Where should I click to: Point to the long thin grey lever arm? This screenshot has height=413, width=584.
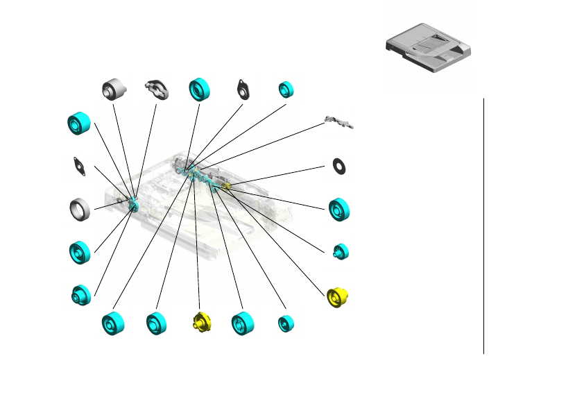pyautogui.click(x=340, y=124)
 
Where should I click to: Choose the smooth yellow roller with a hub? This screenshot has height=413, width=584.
pyautogui.click(x=338, y=296)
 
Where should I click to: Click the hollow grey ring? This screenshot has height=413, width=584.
pyautogui.click(x=80, y=208)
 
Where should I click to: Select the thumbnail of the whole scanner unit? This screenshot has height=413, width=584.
pyautogui.click(x=428, y=47)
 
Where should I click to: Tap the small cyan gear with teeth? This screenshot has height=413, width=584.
pyautogui.click(x=341, y=251)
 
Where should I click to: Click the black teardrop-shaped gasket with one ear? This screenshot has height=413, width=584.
pyautogui.click(x=243, y=88)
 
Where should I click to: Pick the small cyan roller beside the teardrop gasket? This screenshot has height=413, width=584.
pyautogui.click(x=286, y=89)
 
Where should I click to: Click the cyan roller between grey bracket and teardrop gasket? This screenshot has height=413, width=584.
pyautogui.click(x=200, y=89)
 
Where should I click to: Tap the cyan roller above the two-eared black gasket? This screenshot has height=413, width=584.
pyautogui.click(x=80, y=124)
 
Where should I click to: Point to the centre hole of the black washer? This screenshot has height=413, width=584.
pyautogui.click(x=339, y=165)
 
